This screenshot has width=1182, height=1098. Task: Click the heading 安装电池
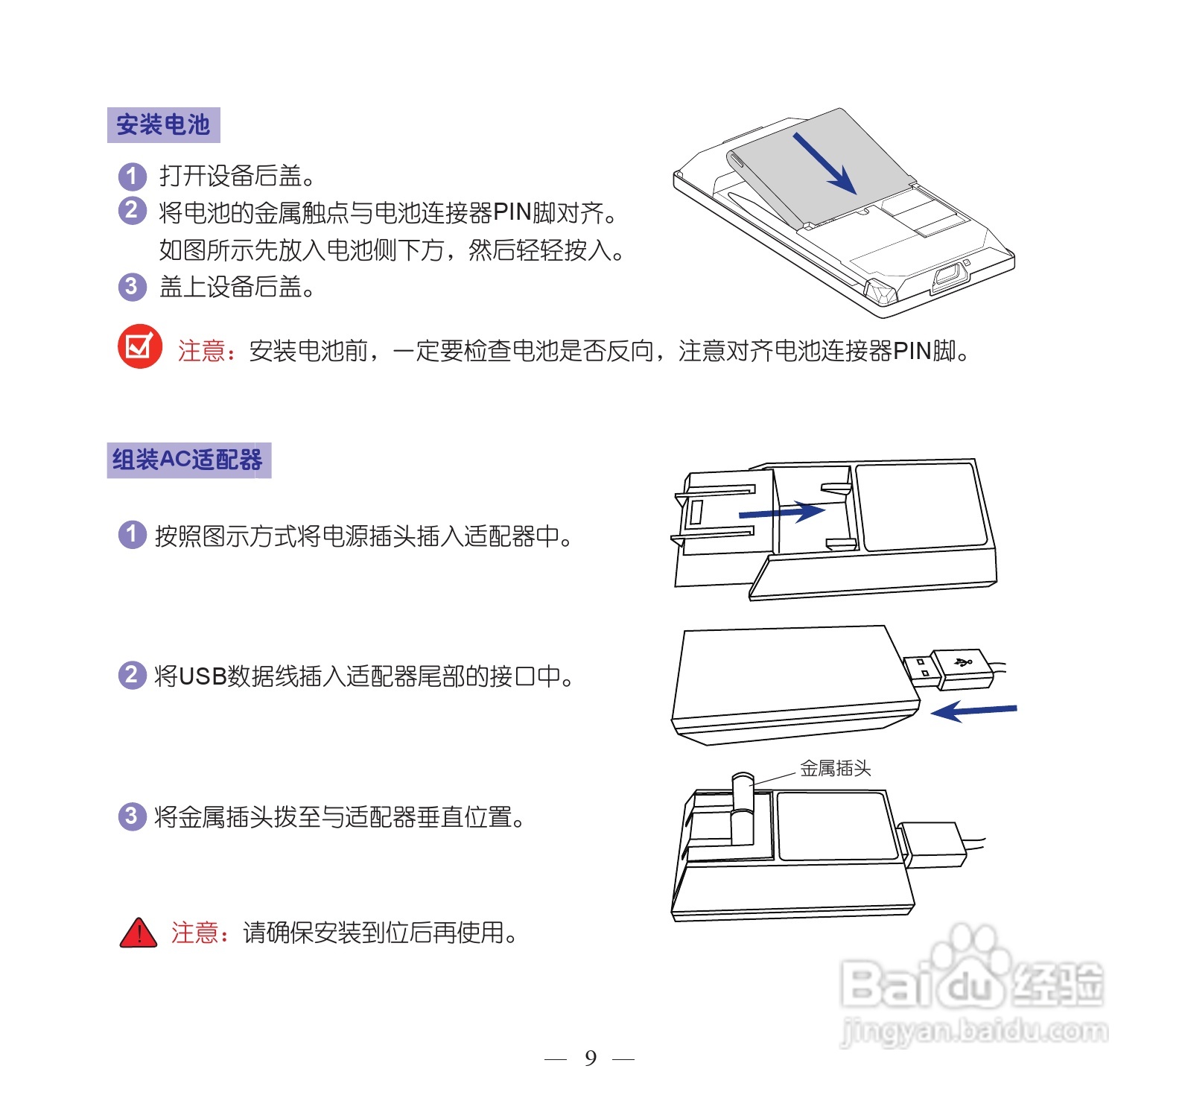(163, 125)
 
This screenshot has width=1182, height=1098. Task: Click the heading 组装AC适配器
(188, 460)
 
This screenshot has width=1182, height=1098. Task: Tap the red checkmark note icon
(139, 346)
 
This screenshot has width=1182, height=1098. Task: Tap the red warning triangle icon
(139, 933)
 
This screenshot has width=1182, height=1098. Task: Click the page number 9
(591, 1058)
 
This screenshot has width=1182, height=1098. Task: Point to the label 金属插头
(835, 768)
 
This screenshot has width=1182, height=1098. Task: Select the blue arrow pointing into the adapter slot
(782, 512)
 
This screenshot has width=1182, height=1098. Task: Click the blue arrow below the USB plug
(973, 711)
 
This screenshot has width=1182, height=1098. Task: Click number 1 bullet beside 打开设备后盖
(132, 177)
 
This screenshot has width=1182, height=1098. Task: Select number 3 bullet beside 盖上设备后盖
(132, 286)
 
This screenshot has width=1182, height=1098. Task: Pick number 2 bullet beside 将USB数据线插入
(132, 675)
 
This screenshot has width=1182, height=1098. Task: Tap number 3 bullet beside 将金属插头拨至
(132, 816)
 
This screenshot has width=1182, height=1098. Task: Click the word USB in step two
(203, 676)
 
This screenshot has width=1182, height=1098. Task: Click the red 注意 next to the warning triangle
(195, 933)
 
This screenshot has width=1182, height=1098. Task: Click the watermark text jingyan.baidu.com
(974, 1032)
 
